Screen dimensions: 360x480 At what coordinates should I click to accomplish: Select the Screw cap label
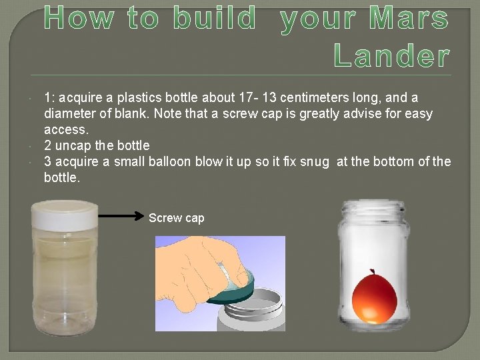point(176,218)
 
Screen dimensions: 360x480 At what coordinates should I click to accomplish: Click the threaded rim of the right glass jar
point(372,212)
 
